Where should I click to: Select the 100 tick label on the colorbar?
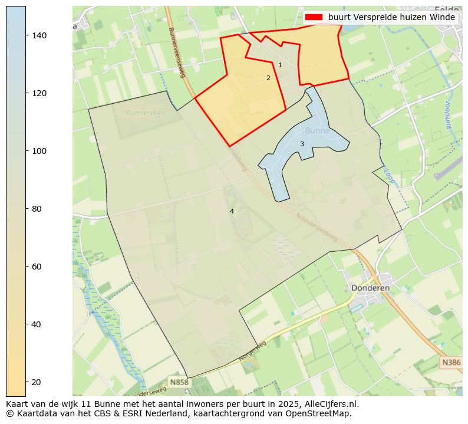38,151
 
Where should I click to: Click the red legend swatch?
314,18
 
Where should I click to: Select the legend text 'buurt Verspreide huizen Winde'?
391,18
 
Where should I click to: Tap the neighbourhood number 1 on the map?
280,65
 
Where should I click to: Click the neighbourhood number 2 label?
268,78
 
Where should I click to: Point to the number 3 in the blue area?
302,144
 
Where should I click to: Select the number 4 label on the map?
232,211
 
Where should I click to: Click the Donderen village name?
370,288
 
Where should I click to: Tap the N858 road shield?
179,382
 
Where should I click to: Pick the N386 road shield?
451,363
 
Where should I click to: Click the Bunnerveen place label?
143,112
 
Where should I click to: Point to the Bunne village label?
317,131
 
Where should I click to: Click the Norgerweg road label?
253,351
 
